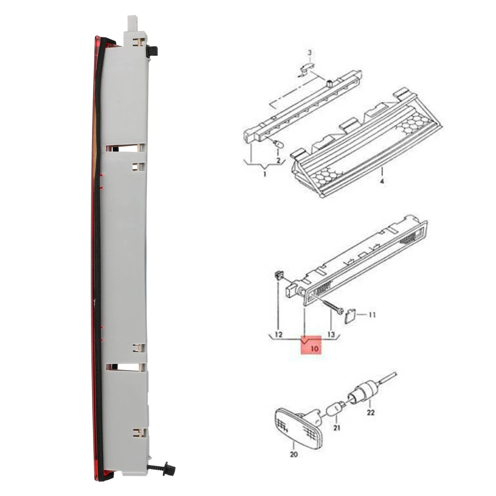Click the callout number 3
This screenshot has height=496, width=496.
[x=309, y=53]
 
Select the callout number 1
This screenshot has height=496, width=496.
[x=264, y=175]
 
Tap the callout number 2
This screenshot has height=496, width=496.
[x=278, y=161]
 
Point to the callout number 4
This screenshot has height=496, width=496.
[x=382, y=181]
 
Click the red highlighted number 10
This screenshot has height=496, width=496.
[x=314, y=349]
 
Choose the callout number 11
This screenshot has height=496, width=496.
[x=372, y=314]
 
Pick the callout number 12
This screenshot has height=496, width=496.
[x=278, y=335]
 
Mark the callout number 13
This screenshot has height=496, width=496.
[x=331, y=335]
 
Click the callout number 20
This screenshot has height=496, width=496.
[x=293, y=455]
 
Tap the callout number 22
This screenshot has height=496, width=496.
[x=370, y=412]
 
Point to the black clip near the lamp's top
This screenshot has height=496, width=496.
[x=152, y=51]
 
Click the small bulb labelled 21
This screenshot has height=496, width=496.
[x=334, y=409]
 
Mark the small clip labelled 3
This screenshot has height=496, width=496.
[x=307, y=67]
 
